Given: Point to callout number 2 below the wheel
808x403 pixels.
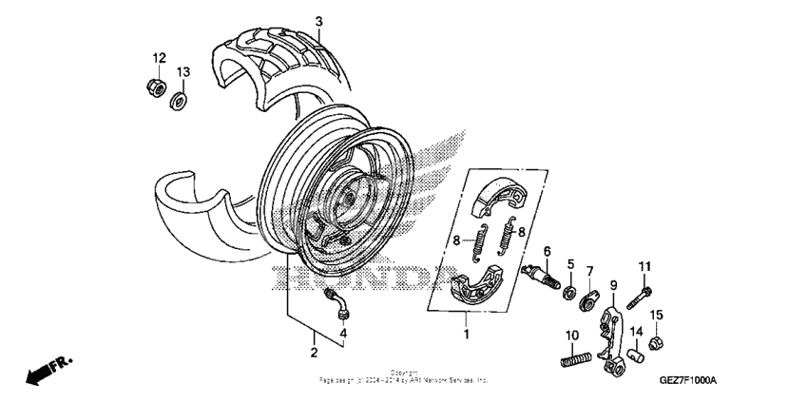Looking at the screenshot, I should [314, 353].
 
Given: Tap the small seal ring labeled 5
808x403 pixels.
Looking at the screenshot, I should [570, 289].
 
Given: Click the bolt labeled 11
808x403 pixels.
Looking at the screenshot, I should [644, 291].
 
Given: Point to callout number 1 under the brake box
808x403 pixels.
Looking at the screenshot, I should [466, 335].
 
